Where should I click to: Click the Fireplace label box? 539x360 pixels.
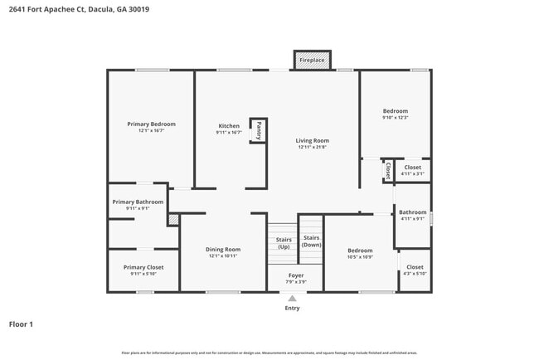click(313, 61)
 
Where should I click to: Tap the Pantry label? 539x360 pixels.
click(259, 130)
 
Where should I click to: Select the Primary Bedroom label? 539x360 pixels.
click(151, 124)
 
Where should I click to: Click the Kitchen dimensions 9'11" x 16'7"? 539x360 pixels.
click(229, 132)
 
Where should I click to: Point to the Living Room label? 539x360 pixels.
click(313, 141)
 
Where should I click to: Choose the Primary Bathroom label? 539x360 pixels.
click(138, 202)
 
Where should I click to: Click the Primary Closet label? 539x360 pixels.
click(143, 267)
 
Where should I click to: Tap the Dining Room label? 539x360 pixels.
click(223, 250)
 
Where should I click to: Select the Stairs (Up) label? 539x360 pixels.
click(284, 243)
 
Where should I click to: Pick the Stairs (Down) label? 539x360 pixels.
click(311, 241)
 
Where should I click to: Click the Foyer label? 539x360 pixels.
click(296, 275)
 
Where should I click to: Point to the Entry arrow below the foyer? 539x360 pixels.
click(292, 299)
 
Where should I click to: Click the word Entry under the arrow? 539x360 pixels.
click(292, 309)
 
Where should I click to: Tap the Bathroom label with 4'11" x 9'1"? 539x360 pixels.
click(412, 212)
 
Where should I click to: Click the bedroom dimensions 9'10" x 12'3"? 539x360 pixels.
click(395, 118)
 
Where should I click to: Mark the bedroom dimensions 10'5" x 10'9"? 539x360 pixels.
click(360, 257)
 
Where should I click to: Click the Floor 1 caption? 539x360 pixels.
click(21, 324)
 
